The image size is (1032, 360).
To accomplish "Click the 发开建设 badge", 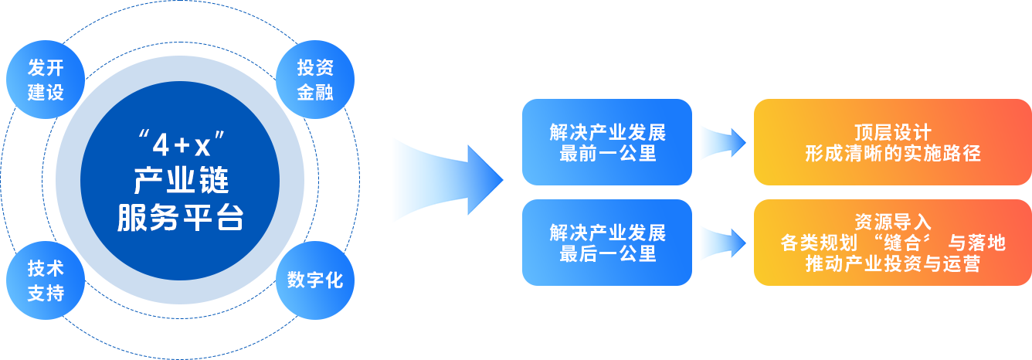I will click(x=45, y=80).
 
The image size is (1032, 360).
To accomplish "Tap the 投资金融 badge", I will click(x=315, y=80).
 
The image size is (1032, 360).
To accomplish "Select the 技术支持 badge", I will click(x=45, y=280).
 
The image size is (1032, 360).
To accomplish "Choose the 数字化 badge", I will click(x=315, y=280).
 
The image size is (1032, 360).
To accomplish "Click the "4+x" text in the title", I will click(x=181, y=144).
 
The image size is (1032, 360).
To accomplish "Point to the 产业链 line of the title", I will click(x=181, y=182).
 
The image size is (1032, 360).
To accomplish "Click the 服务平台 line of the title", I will click(x=181, y=218).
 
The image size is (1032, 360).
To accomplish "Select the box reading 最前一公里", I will click(x=607, y=142).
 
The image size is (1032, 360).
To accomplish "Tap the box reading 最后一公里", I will click(x=607, y=243).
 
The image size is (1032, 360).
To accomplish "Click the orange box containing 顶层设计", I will click(x=892, y=142).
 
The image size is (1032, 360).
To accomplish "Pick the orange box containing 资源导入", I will click(x=892, y=243).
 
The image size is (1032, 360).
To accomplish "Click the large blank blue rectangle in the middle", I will click(x=448, y=180).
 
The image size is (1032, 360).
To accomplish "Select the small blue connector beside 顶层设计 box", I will click(x=722, y=142).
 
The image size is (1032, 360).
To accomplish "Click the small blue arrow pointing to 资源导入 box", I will click(x=722, y=244).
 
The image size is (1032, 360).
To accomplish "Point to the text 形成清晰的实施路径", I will click(x=892, y=153).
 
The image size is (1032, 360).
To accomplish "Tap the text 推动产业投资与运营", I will click(x=892, y=264).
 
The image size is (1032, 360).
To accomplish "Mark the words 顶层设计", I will click(x=892, y=132).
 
